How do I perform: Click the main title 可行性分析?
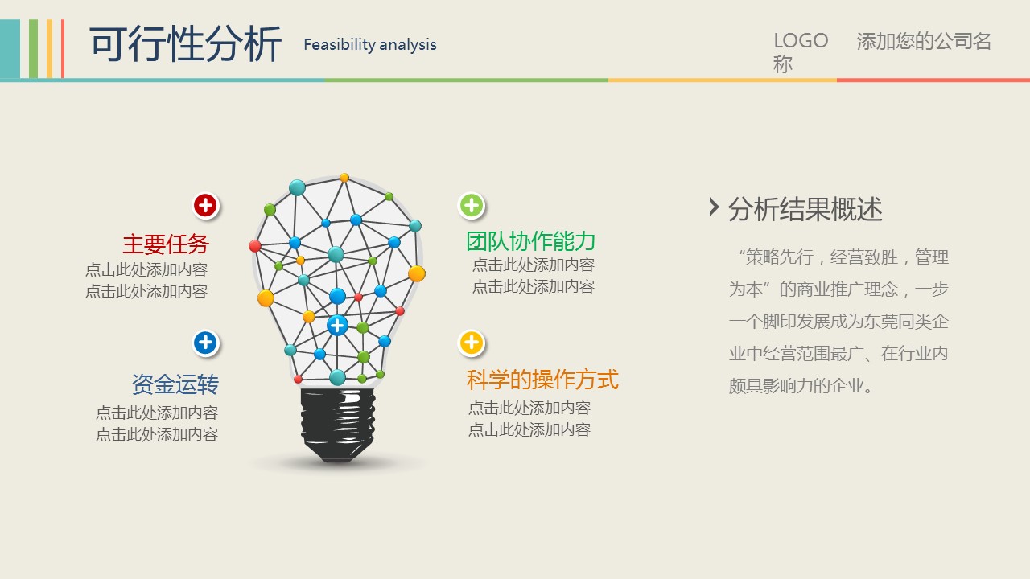(186, 44)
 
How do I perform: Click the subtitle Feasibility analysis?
(370, 44)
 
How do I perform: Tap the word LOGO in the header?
(801, 41)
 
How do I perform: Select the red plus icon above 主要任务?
(205, 205)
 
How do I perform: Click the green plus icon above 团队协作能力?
(472, 205)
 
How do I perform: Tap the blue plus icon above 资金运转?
(205, 343)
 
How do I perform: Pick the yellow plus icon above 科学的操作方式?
(472, 343)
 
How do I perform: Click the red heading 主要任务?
(166, 244)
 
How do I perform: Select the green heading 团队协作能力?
(530, 241)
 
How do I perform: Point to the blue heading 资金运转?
(175, 384)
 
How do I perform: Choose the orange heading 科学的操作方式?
(542, 380)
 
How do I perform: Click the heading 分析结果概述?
(805, 210)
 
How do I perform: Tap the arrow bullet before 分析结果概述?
(714, 207)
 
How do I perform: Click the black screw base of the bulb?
(338, 425)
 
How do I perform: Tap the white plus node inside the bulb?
(337, 326)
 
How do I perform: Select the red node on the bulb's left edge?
(255, 246)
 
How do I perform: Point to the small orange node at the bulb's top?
(344, 178)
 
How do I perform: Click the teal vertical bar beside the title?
(10, 49)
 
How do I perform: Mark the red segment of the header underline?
(933, 80)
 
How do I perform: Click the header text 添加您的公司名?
(923, 41)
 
